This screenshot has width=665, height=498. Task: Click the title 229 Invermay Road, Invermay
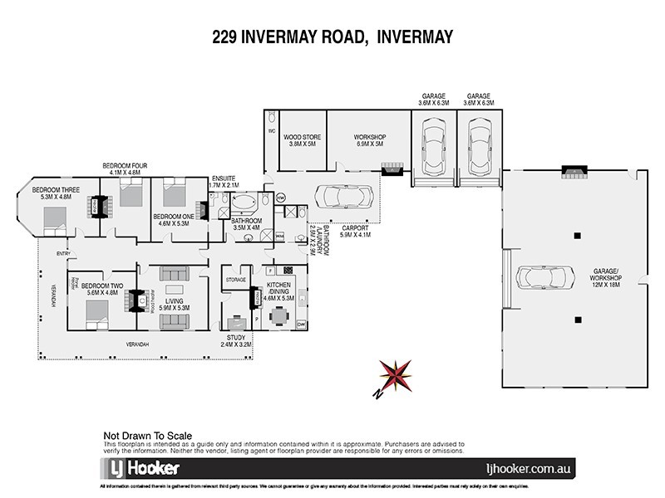(332, 37)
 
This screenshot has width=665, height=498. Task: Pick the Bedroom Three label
(56, 193)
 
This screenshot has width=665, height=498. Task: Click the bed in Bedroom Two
(96, 308)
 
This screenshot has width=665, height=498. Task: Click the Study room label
(234, 339)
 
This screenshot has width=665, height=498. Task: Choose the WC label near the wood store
(272, 131)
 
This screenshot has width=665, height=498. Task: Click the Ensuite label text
(224, 177)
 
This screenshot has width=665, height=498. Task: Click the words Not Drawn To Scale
(148, 434)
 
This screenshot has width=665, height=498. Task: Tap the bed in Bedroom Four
(131, 198)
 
